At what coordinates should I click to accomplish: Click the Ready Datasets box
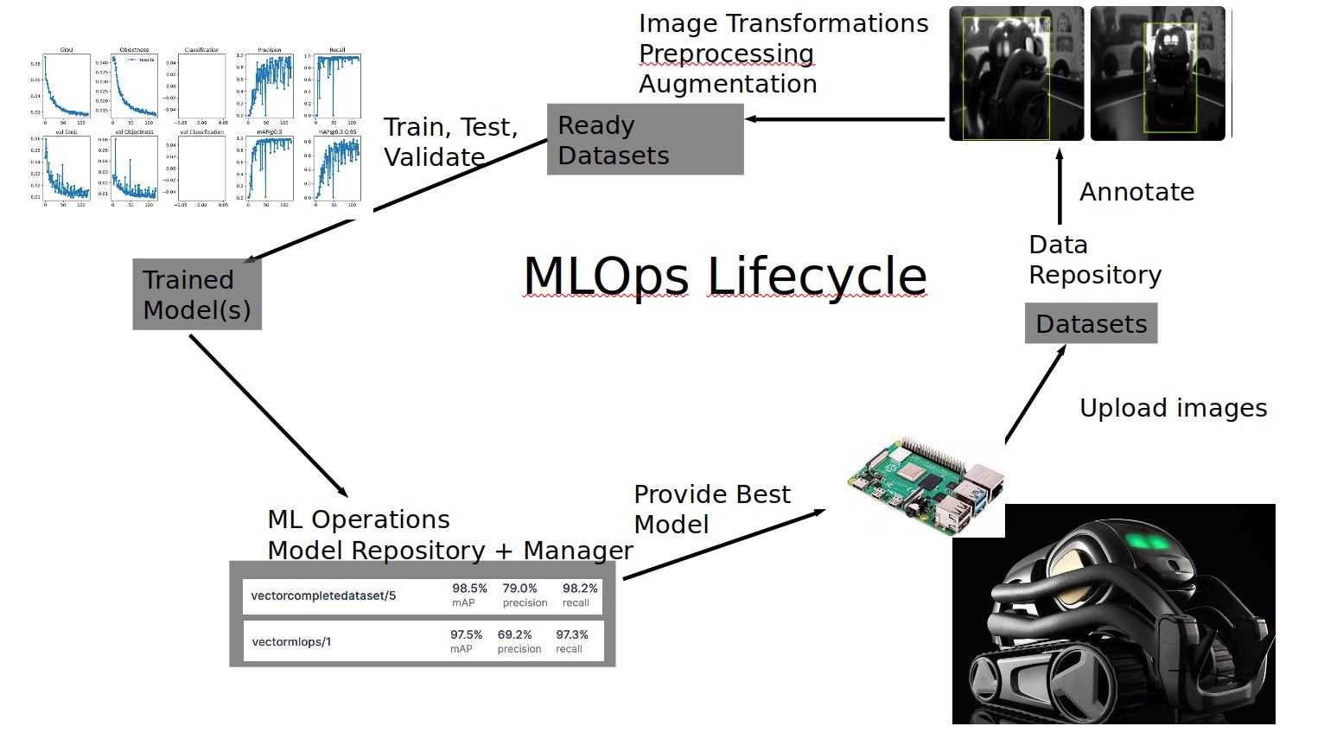645,140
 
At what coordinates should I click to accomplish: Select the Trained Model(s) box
197,295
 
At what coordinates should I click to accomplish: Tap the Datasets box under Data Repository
1091,324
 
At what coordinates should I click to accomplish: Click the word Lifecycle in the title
817,277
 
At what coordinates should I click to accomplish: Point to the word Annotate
1136,192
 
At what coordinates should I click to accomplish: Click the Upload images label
1173,408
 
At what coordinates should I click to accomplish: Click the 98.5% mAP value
469,589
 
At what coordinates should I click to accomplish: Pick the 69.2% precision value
515,634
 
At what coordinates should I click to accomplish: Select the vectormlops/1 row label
291,642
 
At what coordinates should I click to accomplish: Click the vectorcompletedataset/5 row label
323,596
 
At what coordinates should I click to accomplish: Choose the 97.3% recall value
572,634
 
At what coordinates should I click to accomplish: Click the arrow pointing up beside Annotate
1060,187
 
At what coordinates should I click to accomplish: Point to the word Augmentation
728,84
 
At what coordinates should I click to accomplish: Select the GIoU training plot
67,86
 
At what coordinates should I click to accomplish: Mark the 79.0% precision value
520,589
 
